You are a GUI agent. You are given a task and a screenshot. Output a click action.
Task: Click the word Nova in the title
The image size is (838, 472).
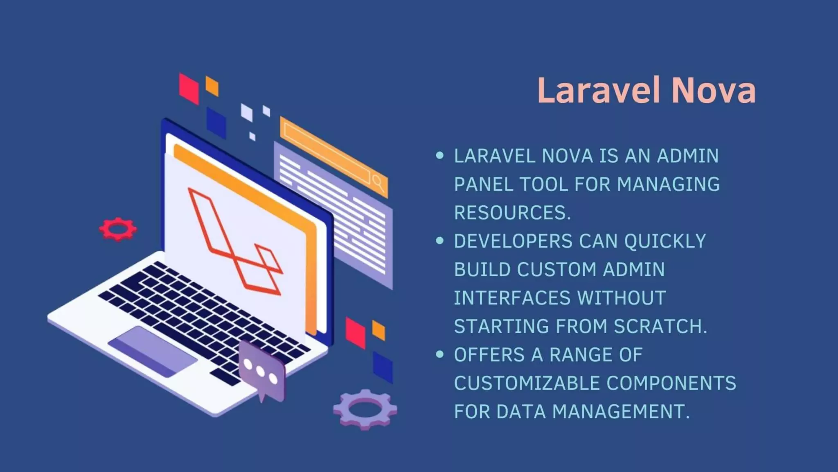(x=714, y=91)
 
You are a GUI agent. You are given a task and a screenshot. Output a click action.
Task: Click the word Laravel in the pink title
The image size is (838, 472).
(x=598, y=91)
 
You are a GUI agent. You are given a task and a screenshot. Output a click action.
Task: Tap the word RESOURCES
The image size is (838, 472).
(x=512, y=213)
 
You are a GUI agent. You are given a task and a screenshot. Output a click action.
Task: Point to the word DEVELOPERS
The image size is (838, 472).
(x=513, y=241)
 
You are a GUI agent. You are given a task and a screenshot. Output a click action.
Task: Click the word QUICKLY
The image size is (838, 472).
(x=665, y=241)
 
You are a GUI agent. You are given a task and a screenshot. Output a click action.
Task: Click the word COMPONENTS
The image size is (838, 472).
(x=671, y=383)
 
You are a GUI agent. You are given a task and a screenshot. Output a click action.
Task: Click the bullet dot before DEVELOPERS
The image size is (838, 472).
(x=440, y=241)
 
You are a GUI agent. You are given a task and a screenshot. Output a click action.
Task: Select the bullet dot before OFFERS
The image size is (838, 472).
(x=440, y=354)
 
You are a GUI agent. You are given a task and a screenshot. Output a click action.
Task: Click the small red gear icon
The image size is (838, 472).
(x=118, y=229)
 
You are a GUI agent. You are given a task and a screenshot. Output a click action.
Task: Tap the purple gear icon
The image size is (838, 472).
(x=365, y=409)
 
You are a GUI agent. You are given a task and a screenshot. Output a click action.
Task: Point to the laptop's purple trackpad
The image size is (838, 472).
(x=152, y=352)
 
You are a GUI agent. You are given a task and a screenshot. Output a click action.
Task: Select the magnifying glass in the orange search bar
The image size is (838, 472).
(x=378, y=183)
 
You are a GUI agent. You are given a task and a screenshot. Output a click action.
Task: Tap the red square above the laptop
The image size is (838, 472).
(x=189, y=88)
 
